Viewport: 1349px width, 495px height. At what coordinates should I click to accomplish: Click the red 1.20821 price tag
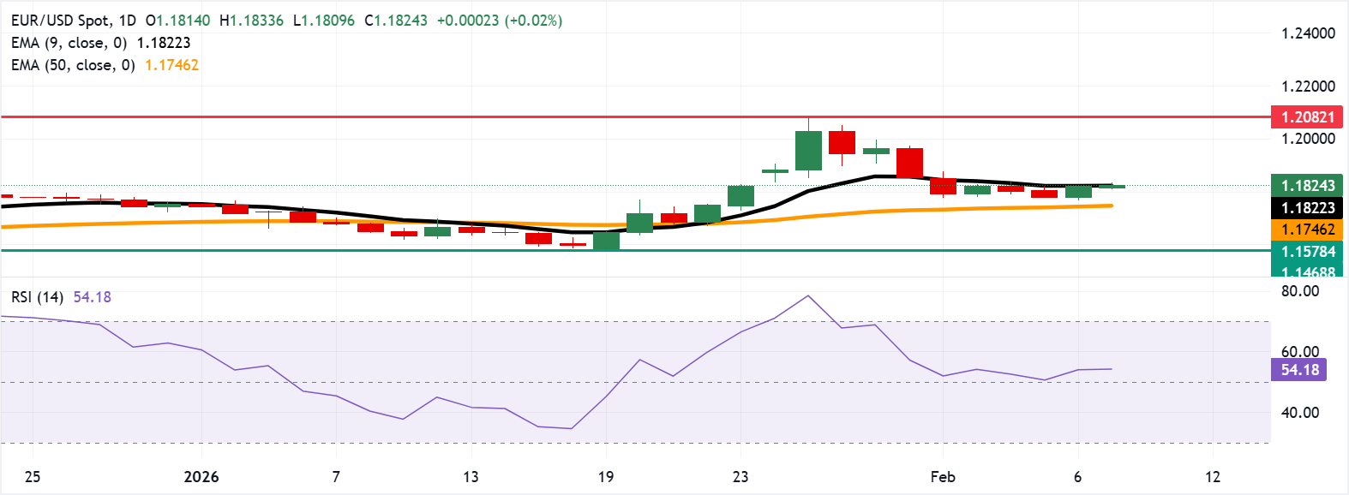pyautogui.click(x=1307, y=117)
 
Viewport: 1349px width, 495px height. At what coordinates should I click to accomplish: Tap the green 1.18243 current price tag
pyautogui.click(x=1307, y=186)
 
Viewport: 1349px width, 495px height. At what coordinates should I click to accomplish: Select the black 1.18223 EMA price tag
pyautogui.click(x=1307, y=208)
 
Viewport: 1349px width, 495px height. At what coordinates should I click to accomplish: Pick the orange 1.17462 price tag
pyautogui.click(x=1307, y=230)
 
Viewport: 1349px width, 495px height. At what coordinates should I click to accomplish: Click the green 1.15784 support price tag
pyautogui.click(x=1307, y=252)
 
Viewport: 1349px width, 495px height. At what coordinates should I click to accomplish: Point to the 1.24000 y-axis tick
pyautogui.click(x=1308, y=33)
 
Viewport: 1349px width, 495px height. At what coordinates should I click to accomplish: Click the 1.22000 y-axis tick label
pyautogui.click(x=1308, y=86)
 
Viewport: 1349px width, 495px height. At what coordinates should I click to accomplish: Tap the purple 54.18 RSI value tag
pyautogui.click(x=1299, y=370)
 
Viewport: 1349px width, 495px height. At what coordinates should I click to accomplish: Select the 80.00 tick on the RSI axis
pyautogui.click(x=1300, y=291)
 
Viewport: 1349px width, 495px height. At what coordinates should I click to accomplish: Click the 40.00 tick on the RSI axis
pyautogui.click(x=1300, y=413)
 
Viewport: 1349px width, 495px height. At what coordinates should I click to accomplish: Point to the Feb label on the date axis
pyautogui.click(x=943, y=477)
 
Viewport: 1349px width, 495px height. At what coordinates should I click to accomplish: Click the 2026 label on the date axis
pyautogui.click(x=201, y=477)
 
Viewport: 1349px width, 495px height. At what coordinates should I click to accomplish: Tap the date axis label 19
pyautogui.click(x=606, y=477)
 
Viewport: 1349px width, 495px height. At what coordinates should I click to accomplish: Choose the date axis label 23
pyautogui.click(x=740, y=477)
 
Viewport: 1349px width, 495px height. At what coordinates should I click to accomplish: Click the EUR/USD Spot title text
pyautogui.click(x=60, y=21)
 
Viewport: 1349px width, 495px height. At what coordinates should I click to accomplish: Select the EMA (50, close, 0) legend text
pyautogui.click(x=73, y=65)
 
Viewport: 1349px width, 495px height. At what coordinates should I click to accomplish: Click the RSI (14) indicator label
pyautogui.click(x=37, y=297)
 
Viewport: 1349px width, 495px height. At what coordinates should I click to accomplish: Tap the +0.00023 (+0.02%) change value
pyautogui.click(x=500, y=21)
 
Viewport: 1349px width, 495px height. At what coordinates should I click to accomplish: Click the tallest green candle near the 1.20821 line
pyautogui.click(x=808, y=151)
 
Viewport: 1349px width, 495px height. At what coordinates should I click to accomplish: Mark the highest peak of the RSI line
pyautogui.click(x=808, y=296)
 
